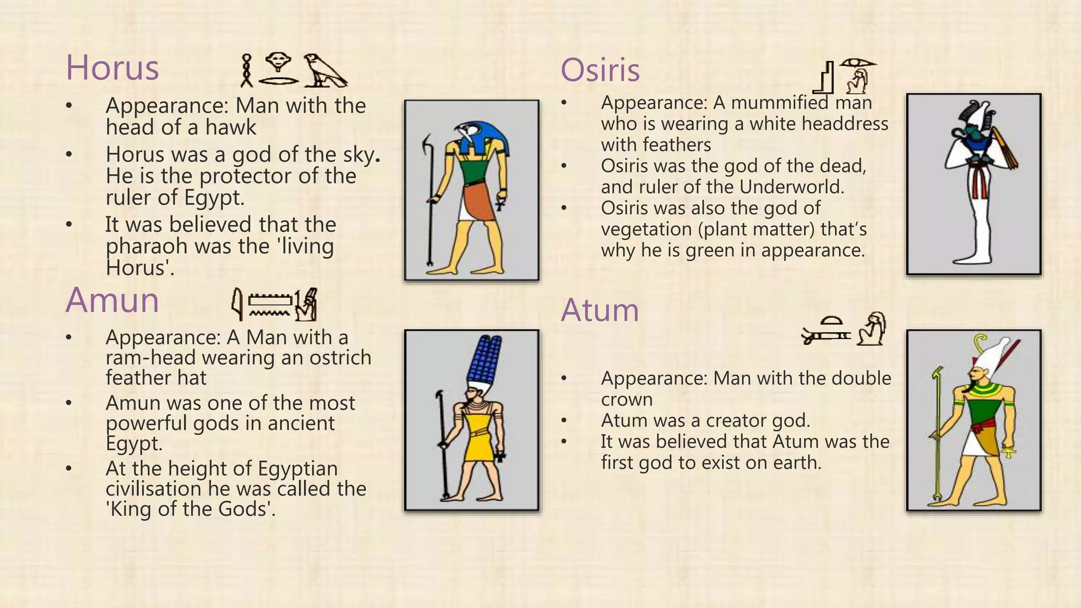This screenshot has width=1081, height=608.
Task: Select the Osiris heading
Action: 600,70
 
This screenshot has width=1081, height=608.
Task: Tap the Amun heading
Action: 112,300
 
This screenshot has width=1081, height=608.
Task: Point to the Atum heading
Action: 600,310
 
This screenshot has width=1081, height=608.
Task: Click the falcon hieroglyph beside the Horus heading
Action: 325,70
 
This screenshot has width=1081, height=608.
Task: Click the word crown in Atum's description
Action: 627,400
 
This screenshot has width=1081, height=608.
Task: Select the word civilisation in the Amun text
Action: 153,489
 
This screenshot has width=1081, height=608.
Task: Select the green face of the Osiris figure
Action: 970,135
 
